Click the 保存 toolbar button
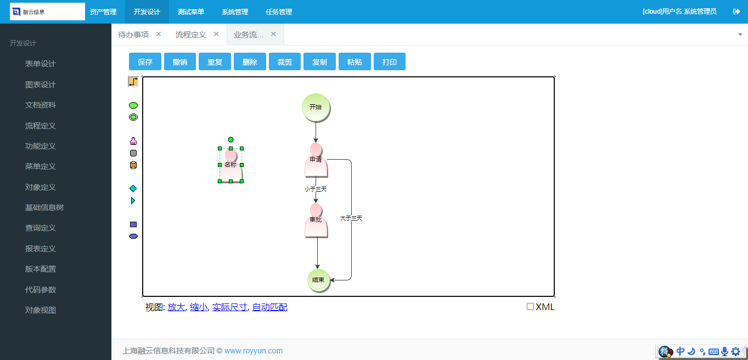click(x=145, y=62)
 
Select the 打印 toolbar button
click(x=389, y=62)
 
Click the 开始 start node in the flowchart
click(x=316, y=107)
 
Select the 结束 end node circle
click(x=318, y=280)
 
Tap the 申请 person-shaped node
click(x=316, y=160)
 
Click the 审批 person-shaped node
click(x=316, y=221)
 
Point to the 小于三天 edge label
click(x=316, y=189)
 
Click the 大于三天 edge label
click(x=351, y=218)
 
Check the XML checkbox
click(x=530, y=307)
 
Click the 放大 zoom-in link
click(x=176, y=307)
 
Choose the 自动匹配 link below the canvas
click(x=269, y=307)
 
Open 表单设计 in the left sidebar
click(x=41, y=64)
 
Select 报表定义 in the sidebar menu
click(x=41, y=249)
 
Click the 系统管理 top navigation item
click(x=235, y=12)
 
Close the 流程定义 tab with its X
click(x=216, y=34)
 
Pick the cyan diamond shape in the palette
click(x=133, y=189)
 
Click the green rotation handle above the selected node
click(x=230, y=139)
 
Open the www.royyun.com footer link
click(x=254, y=351)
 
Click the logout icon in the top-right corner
click(x=736, y=12)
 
